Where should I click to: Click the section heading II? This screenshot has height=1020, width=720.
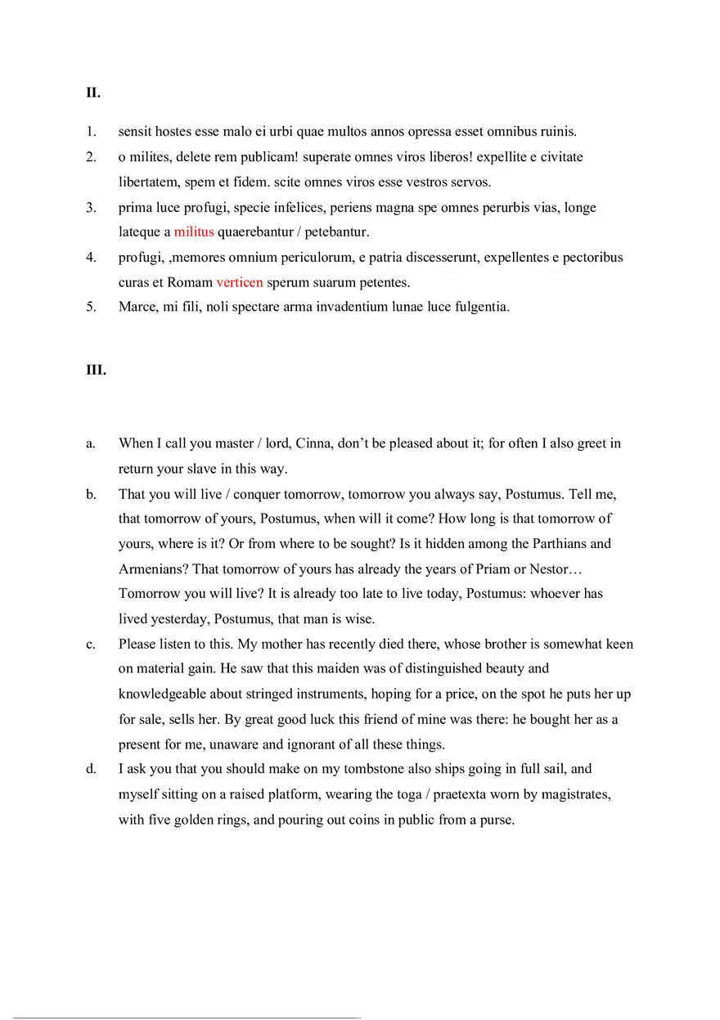coord(93,93)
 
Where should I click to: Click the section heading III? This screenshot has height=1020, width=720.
coord(96,370)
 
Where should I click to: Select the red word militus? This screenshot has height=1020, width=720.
coord(194,232)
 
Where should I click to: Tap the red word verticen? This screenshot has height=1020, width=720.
coord(240,283)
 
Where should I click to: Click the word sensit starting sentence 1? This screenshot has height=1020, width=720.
coord(135,132)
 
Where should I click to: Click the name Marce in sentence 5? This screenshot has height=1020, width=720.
coord(137,308)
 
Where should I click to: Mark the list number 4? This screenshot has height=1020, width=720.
coord(91,258)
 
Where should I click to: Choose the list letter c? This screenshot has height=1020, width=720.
coord(90,645)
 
